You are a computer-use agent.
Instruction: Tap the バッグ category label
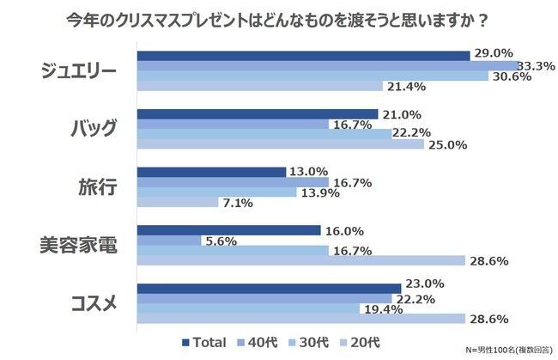[x=93, y=129]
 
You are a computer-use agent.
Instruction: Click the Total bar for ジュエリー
[x=303, y=55]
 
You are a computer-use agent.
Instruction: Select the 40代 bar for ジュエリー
[x=327, y=65]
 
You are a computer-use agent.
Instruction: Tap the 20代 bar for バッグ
[x=281, y=144]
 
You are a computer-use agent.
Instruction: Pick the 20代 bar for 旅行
[x=178, y=203]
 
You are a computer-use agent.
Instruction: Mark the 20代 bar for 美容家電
[x=300, y=260]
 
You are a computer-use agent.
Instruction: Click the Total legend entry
[x=203, y=342]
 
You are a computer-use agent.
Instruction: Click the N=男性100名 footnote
[x=507, y=351]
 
